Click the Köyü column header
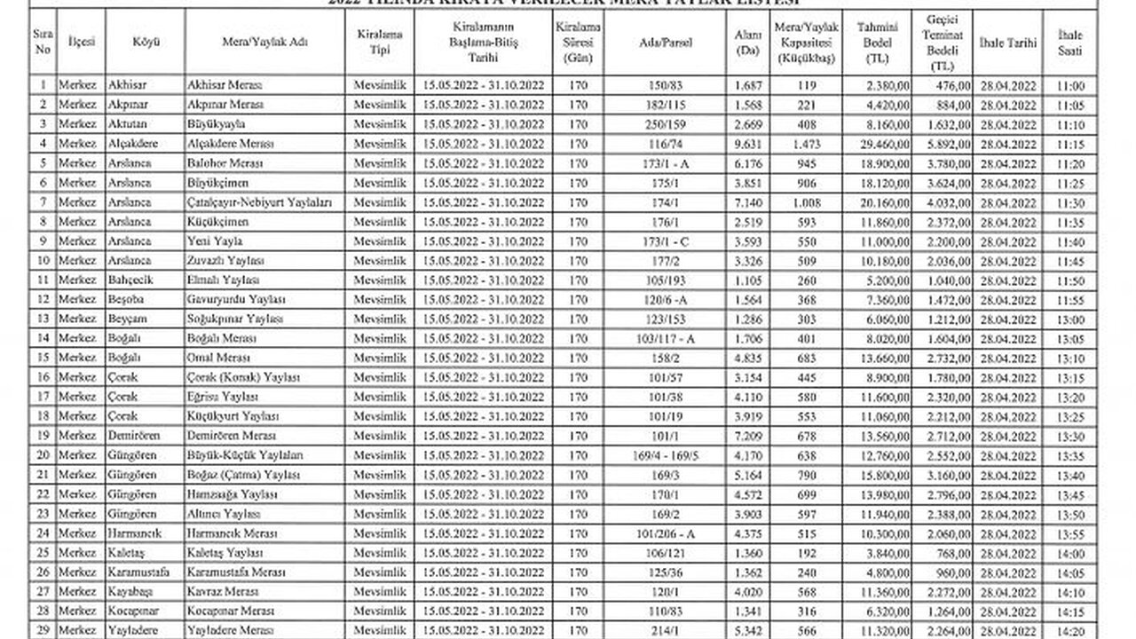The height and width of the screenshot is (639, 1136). tap(145, 42)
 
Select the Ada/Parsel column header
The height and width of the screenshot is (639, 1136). tap(666, 42)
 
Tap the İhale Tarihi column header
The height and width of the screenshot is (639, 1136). tap(1007, 42)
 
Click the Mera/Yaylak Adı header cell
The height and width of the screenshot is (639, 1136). tap(265, 42)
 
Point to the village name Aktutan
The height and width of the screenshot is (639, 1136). tap(130, 124)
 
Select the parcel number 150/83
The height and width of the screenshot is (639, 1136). tap(666, 86)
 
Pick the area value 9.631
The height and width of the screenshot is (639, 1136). tap(750, 144)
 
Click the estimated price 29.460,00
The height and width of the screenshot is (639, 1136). tap(887, 144)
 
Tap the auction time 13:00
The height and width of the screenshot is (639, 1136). tap(1071, 319)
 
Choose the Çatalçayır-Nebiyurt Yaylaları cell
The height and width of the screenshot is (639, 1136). tap(260, 202)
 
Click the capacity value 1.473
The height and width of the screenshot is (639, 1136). tap(806, 144)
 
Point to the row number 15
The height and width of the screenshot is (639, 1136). tap(43, 358)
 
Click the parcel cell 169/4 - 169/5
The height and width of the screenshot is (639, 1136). tap(666, 454)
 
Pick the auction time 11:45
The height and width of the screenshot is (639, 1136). tap(1071, 261)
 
